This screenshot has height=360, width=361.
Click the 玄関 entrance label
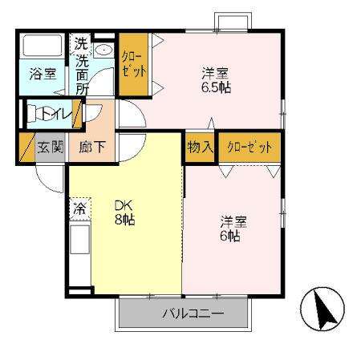coord(50,148)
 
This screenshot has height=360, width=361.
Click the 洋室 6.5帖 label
coord(216,79)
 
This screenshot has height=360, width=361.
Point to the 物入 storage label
coord(200,148)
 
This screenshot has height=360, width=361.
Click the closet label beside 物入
coord(249,148)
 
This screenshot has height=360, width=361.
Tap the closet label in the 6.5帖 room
coord(132,64)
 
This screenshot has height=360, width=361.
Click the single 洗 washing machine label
coord(82,44)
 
